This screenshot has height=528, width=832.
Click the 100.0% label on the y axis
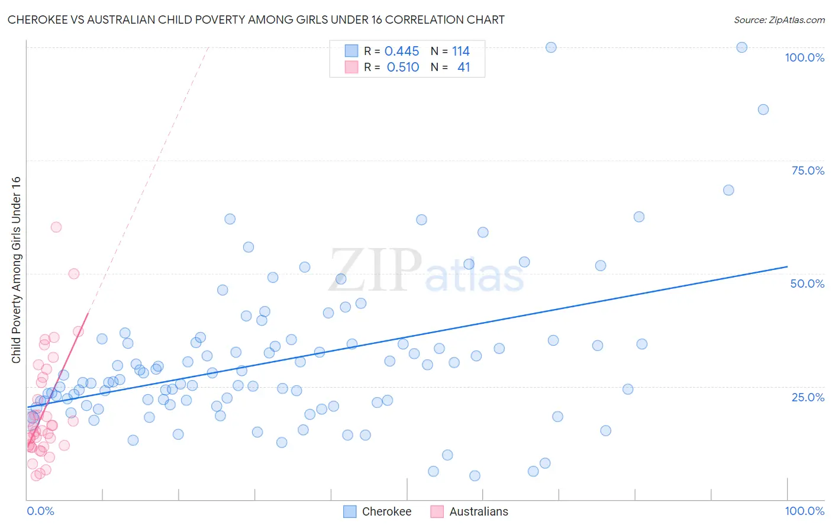coord(804,57)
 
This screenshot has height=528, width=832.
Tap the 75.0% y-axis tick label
coord(808,170)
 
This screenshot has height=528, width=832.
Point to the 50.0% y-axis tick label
coord(807,284)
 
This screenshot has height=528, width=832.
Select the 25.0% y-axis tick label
coord(808,397)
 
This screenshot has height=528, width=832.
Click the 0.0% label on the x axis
coord(40,511)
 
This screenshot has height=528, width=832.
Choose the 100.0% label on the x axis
coord(804,511)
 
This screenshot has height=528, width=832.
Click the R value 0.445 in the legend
coord(402,51)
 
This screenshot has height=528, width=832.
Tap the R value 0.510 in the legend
coord(403,67)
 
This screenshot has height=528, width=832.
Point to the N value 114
coord(460,51)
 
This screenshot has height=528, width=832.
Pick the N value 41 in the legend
coord(463,67)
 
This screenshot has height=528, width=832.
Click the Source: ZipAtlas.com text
coord(779,20)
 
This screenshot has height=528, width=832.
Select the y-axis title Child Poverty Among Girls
coord(16,270)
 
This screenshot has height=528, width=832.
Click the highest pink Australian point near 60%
coord(56,227)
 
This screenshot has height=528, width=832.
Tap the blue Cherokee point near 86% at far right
coord(763,110)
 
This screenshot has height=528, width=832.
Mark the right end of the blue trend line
coord(787,267)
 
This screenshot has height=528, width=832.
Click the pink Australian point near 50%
coord(74,273)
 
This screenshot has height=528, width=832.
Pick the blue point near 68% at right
coord(728,190)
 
